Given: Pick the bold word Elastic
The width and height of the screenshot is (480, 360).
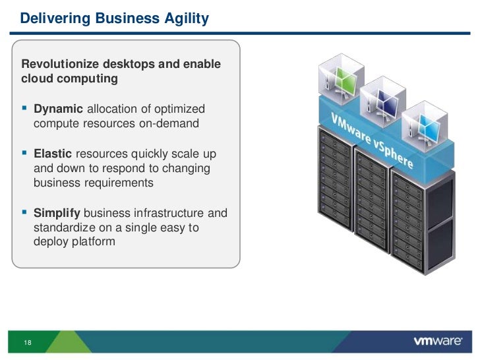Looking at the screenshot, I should pyautogui.click(x=53, y=154).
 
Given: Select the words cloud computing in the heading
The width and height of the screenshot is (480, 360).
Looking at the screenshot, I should pyautogui.click(x=70, y=79).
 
